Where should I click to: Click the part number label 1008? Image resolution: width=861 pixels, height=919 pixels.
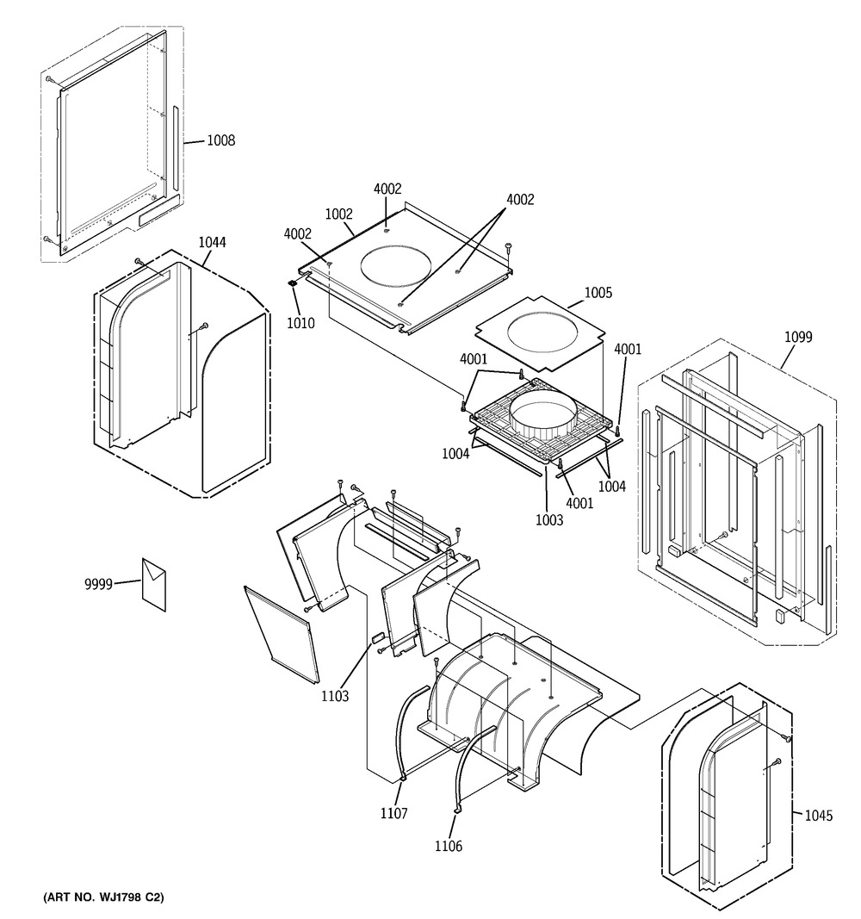click(x=220, y=140)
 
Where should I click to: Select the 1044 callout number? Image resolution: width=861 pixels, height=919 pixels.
click(x=212, y=242)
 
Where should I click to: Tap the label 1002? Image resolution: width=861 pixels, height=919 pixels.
click(x=338, y=214)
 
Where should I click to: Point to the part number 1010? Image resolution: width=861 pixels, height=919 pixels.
click(x=300, y=323)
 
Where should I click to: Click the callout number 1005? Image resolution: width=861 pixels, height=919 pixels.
click(x=598, y=293)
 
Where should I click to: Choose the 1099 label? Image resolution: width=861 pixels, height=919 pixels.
click(x=798, y=337)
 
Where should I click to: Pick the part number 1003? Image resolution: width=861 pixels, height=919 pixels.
click(x=549, y=520)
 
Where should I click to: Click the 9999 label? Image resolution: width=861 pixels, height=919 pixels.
click(x=98, y=584)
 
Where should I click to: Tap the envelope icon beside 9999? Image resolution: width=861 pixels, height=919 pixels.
click(x=154, y=584)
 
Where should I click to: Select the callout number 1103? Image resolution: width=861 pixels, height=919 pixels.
click(x=335, y=696)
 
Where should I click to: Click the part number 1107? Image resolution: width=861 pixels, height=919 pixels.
click(x=393, y=813)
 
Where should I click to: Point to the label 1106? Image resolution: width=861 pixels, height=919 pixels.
click(x=448, y=846)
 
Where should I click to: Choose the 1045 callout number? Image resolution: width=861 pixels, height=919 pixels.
click(x=818, y=816)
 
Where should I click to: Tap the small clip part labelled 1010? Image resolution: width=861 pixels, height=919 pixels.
click(x=293, y=283)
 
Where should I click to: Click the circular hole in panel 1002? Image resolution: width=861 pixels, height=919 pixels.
click(x=398, y=267)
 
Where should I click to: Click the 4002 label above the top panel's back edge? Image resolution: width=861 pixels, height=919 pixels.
click(x=387, y=189)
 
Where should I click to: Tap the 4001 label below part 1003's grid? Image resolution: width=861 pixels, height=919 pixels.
click(x=579, y=503)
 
